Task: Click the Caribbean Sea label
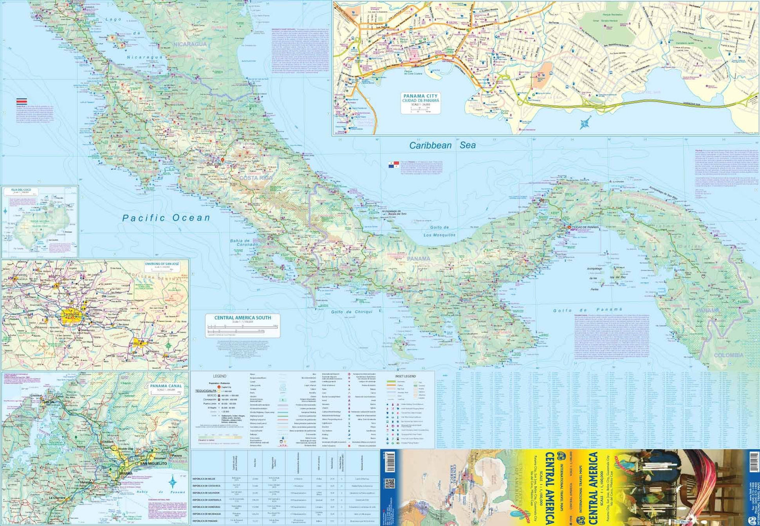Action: (442, 146)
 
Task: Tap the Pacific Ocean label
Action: (166, 218)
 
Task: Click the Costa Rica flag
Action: (22, 101)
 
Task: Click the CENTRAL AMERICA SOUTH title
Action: (242, 318)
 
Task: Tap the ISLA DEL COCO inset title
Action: (21, 190)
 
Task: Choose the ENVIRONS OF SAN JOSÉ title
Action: (162, 264)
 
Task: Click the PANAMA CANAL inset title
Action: (166, 387)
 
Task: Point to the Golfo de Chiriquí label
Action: (352, 312)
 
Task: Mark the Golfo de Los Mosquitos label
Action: (439, 231)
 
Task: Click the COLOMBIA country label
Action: (729, 355)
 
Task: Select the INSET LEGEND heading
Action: (405, 376)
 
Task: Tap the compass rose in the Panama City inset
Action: (586, 123)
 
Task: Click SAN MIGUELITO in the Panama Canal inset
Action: (153, 464)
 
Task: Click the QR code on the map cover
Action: (390, 483)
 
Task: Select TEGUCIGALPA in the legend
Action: (206, 391)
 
